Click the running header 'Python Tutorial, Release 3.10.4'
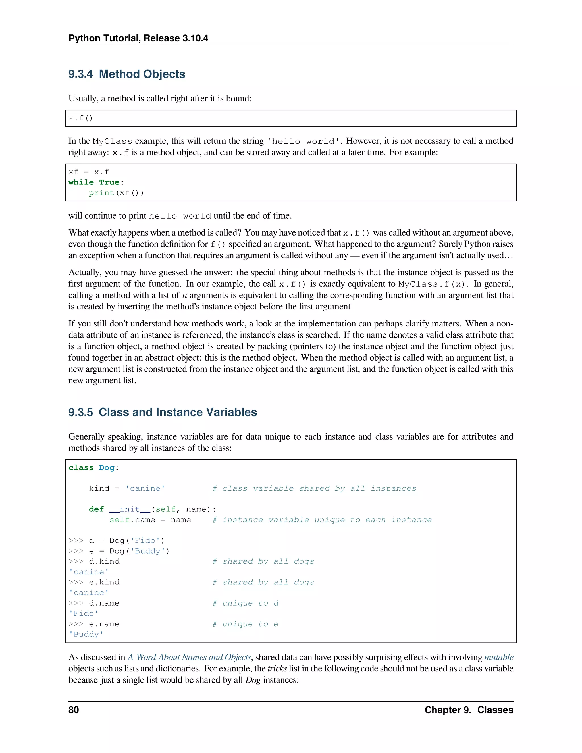tap(138, 38)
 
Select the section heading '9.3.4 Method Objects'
tap(126, 74)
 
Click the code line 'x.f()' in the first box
tap(81, 118)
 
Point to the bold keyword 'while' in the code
tap(81, 182)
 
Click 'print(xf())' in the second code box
tap(116, 193)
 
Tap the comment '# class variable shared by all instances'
tap(314, 488)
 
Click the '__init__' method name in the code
tap(130, 509)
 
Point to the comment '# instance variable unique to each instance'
tap(322, 520)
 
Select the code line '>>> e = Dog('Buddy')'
tap(119, 551)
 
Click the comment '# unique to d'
tap(245, 603)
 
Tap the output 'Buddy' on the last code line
tap(86, 635)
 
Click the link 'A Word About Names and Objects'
tap(189, 657)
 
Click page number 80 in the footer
tap(74, 710)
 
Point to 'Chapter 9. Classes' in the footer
tap(469, 710)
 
